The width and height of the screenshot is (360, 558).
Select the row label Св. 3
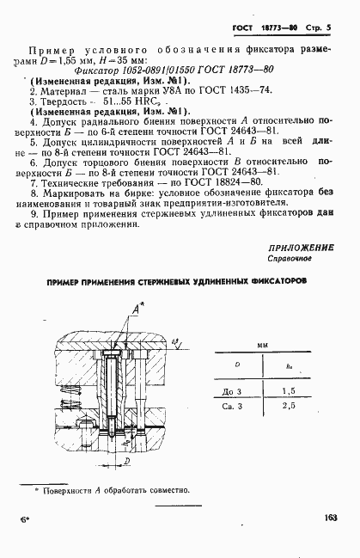[x=233, y=404]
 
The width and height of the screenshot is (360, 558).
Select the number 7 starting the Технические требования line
[x=32, y=182]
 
